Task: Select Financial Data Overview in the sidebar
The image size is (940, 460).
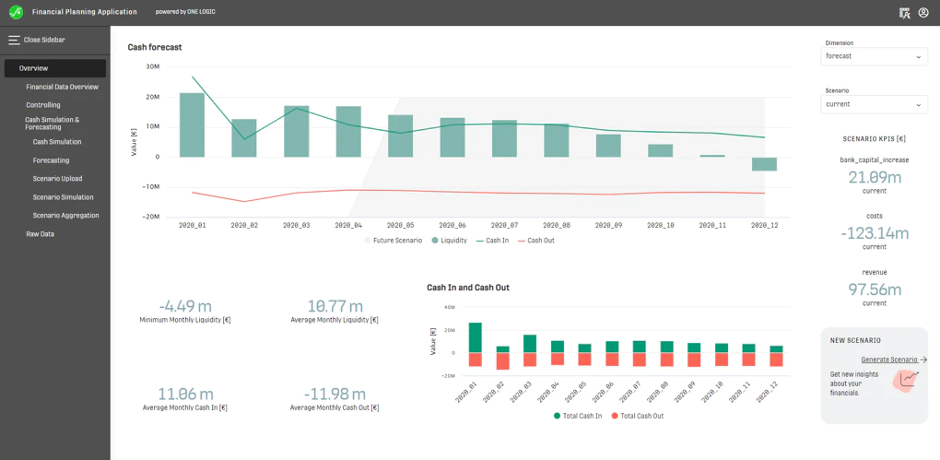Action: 63,87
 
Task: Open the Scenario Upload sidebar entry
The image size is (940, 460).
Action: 57,179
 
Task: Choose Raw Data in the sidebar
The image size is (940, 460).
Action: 41,234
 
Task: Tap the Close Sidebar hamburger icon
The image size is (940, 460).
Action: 14,41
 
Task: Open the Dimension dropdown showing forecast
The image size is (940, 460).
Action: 874,56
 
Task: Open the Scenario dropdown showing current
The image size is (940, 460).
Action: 874,104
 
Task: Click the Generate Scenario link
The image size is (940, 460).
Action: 889,360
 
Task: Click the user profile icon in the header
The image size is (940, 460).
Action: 923,13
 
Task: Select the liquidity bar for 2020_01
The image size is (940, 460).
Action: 192,124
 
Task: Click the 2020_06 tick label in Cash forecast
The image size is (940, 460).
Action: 452,226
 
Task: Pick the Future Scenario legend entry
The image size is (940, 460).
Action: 394,241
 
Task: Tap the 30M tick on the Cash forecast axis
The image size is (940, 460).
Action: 152,66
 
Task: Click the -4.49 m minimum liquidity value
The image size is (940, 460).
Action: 185,306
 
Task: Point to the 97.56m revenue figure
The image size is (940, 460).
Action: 875,289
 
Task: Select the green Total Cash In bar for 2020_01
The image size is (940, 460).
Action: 476,337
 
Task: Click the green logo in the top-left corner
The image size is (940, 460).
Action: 17,12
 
